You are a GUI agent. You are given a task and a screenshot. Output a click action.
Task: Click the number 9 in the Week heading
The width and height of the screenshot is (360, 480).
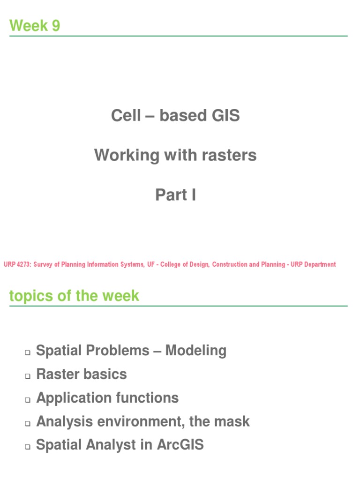[x=56, y=26]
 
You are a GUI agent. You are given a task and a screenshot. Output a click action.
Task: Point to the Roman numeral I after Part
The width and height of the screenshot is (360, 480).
[x=193, y=195]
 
